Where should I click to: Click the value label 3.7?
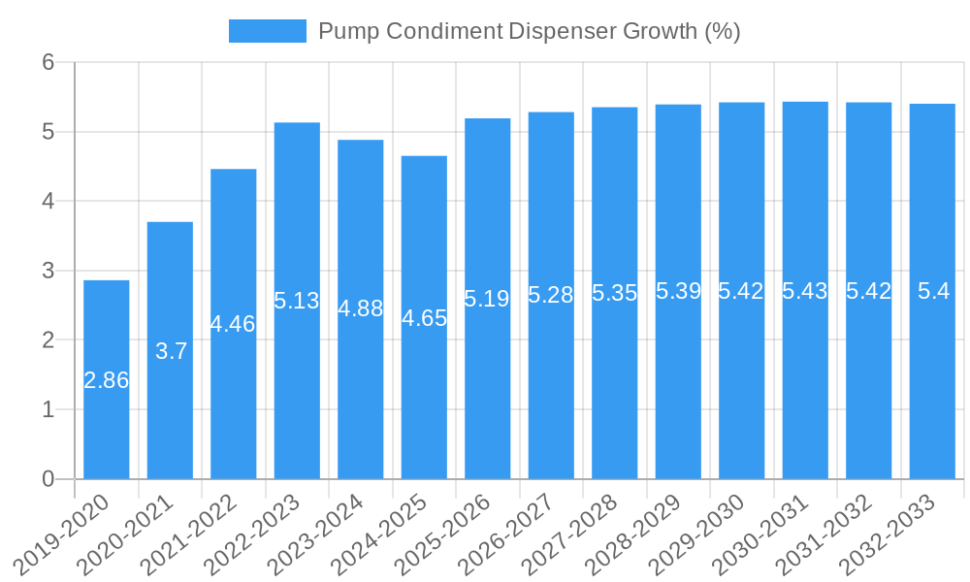click(x=171, y=351)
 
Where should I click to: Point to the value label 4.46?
click(x=233, y=324)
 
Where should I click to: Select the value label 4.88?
click(x=361, y=308)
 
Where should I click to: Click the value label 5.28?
click(x=551, y=295)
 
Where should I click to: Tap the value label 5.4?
click(x=933, y=291)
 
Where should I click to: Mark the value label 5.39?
click(x=678, y=291)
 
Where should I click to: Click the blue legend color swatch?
click(x=267, y=31)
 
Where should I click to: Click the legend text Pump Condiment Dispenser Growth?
click(x=529, y=31)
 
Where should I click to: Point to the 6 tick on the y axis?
click(x=48, y=62)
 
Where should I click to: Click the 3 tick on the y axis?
click(x=48, y=271)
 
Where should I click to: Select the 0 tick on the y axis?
click(x=48, y=479)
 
